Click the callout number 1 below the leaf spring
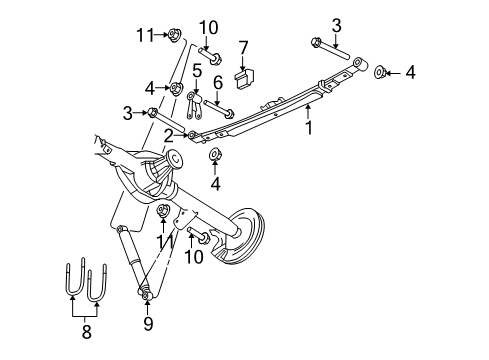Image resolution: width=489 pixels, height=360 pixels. coord(310,129)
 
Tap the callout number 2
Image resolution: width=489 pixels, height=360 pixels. coord(169,133)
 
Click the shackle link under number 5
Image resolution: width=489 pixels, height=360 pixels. coord(192,105)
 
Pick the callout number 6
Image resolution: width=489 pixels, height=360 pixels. coord(218,81)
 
